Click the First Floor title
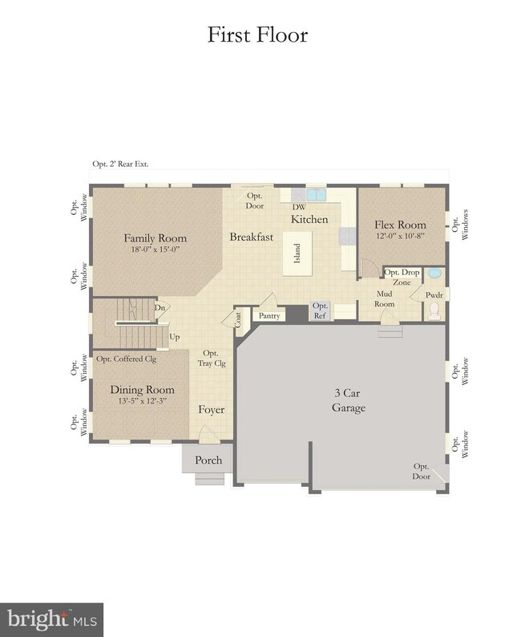[x=257, y=35]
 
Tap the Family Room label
[x=155, y=238]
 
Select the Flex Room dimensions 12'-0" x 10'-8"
[x=400, y=236]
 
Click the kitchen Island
[x=297, y=254]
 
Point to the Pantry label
[x=269, y=315]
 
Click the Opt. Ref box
[x=320, y=310]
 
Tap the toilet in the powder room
[x=434, y=310]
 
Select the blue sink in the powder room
[x=435, y=273]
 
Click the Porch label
[x=208, y=461]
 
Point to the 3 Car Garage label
[x=349, y=400]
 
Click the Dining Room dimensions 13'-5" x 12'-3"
[x=142, y=401]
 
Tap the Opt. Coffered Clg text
[x=126, y=359]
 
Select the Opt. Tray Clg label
[x=212, y=359]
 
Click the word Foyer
[x=212, y=410]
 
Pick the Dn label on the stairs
[x=160, y=307]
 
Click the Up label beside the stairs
[x=175, y=337]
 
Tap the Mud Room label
[x=384, y=298]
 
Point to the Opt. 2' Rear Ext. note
[x=120, y=164]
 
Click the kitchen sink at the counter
[x=316, y=195]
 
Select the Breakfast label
[x=252, y=237]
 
